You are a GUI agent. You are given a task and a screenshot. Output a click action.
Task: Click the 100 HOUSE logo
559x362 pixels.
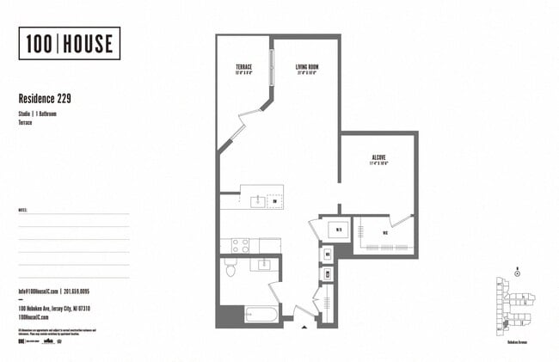(69, 43)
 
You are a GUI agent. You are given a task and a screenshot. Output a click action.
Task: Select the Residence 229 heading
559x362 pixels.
(45, 99)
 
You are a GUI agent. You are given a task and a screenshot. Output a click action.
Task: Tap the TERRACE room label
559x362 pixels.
(243, 67)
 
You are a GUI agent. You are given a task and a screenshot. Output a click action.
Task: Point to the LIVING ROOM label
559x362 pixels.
(307, 67)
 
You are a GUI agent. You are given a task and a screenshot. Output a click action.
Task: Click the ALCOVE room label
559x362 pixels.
(378, 158)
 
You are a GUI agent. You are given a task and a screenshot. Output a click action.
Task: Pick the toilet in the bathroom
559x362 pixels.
(230, 269)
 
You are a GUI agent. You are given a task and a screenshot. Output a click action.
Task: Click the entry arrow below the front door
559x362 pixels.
(303, 328)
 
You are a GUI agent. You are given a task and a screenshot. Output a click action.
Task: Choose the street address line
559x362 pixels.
(54, 309)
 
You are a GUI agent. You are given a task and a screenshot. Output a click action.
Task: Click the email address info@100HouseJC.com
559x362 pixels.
(38, 291)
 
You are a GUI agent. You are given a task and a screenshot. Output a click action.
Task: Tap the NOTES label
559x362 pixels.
(22, 209)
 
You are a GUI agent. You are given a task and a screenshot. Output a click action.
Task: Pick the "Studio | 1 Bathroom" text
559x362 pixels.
(37, 114)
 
